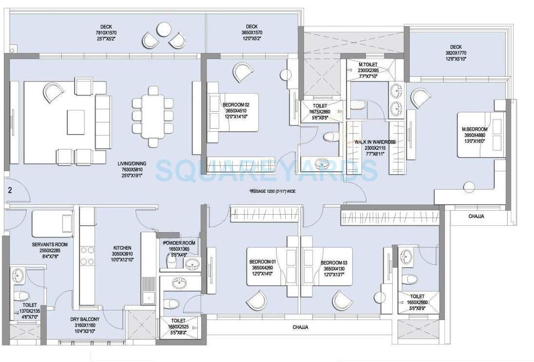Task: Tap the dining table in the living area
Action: pyautogui.click(x=153, y=116)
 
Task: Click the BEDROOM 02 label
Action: pyautogui.click(x=236, y=104)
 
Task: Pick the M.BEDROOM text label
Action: pyautogui.click(x=475, y=129)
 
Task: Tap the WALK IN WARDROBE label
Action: pyautogui.click(x=375, y=142)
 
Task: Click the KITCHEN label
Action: pyautogui.click(x=122, y=248)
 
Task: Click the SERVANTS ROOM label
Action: pyautogui.click(x=50, y=244)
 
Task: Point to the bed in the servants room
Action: pyautogui.click(x=52, y=223)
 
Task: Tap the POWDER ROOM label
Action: pyautogui.click(x=179, y=243)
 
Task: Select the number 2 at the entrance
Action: pyautogui.click(x=10, y=190)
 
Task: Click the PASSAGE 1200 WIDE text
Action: pyautogui.click(x=273, y=192)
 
